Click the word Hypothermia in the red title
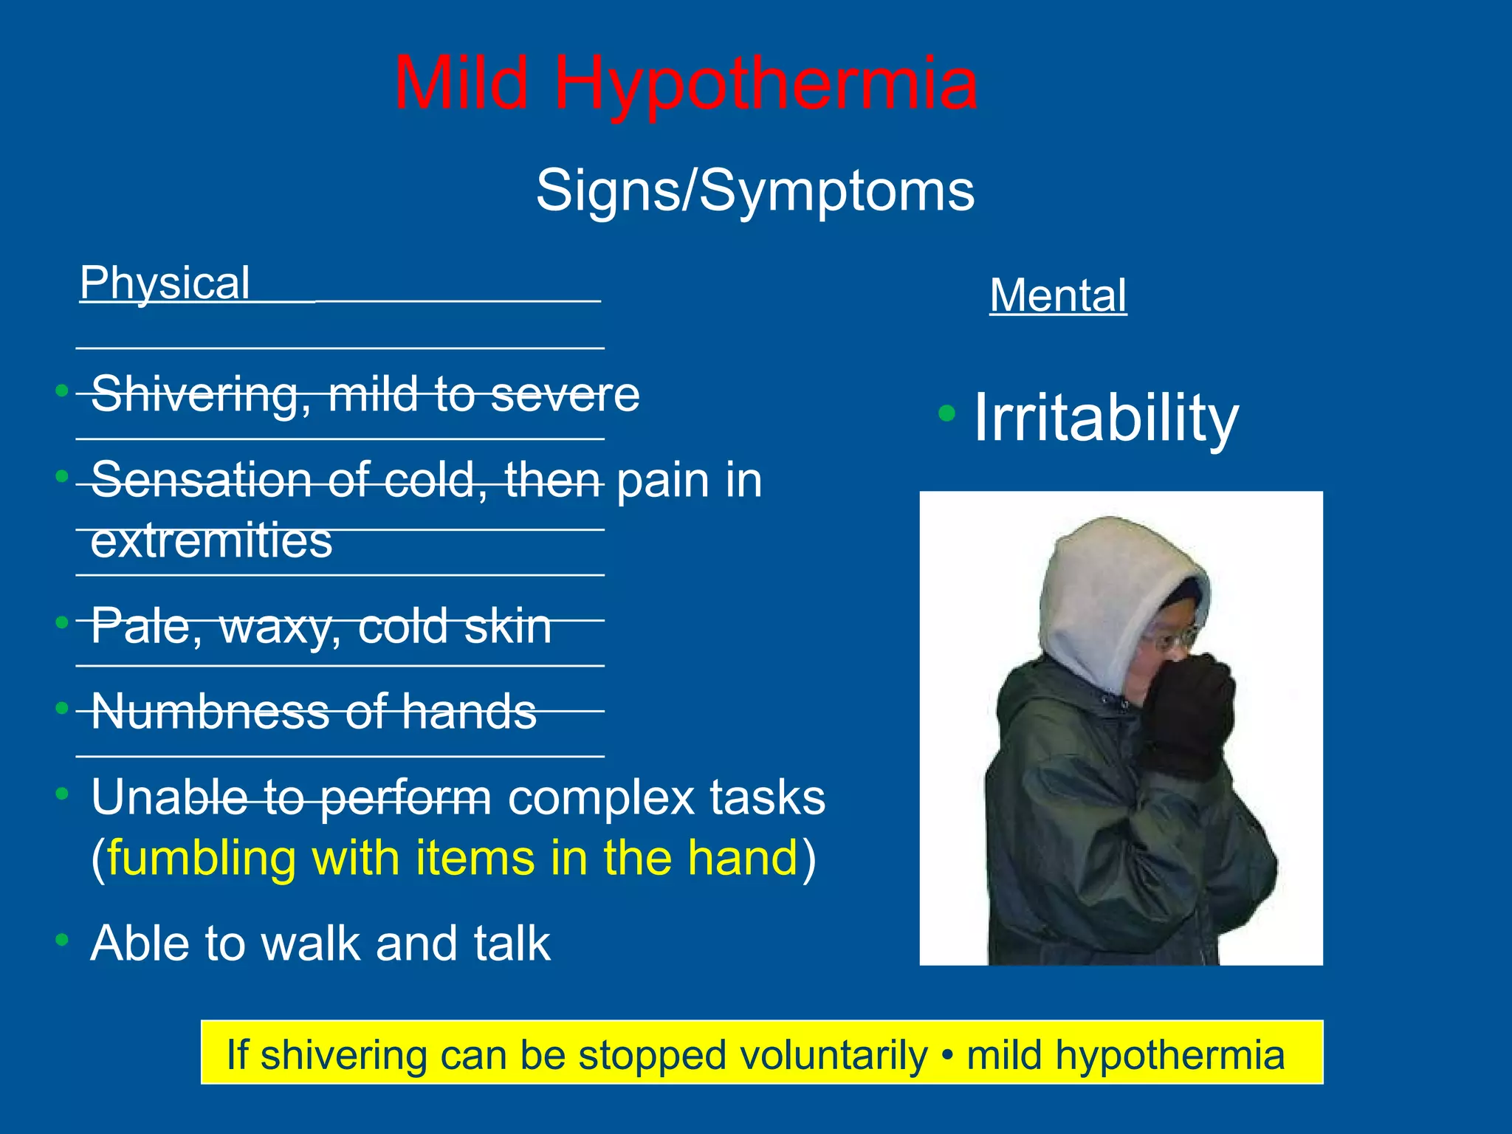[766, 84]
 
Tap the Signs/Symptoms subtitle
[755, 190]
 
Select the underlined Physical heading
[165, 283]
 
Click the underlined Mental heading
[1057, 295]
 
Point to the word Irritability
[1105, 418]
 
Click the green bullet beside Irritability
[946, 413]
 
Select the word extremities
[211, 540]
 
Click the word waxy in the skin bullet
[281, 627]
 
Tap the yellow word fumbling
[201, 858]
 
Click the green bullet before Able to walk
[62, 939]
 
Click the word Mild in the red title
[462, 84]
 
